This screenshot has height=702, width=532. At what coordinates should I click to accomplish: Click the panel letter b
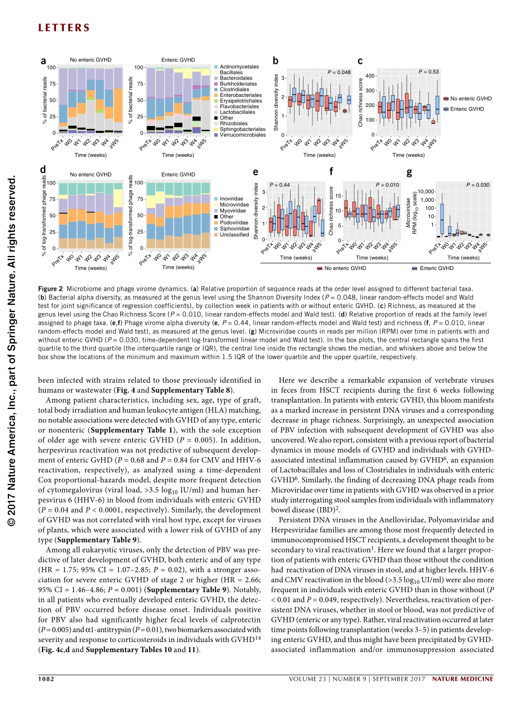(276, 61)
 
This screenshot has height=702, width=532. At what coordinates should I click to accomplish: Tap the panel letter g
(409, 172)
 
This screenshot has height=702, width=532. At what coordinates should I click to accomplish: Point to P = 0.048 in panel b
(339, 72)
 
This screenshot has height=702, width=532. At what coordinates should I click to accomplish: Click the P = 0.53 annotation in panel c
(429, 72)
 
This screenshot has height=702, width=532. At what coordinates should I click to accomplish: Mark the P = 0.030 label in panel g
(478, 184)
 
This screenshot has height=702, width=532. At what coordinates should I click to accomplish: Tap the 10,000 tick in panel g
(426, 191)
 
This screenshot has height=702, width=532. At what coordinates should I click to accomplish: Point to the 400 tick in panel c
(369, 76)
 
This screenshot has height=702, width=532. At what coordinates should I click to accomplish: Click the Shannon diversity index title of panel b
(276, 103)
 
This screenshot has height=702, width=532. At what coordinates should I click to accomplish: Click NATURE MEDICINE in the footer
(463, 679)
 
